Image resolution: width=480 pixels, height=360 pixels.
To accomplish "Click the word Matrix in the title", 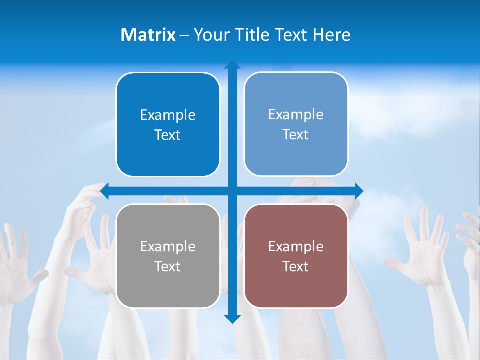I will click(148, 35).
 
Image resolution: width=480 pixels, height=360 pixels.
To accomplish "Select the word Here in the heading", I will click(332, 35).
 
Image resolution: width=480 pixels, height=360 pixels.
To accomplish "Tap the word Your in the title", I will click(210, 35).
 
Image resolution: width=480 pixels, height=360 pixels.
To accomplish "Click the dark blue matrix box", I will click(168, 124).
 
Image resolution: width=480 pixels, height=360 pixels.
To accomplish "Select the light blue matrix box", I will click(296, 124).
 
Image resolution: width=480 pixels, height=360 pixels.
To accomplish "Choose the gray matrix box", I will click(168, 256).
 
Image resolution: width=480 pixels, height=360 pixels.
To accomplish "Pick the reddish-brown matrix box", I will click(296, 256).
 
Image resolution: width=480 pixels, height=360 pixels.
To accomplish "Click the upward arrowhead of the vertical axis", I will click(232, 64).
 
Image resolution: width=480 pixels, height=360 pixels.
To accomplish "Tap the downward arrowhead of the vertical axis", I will click(232, 319).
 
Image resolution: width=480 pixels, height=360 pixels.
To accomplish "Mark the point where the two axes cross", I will click(232, 191).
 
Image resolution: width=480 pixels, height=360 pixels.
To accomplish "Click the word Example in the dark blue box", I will click(168, 115).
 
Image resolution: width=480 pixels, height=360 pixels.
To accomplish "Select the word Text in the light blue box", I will click(296, 135).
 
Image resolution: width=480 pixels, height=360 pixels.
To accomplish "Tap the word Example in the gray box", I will click(168, 247).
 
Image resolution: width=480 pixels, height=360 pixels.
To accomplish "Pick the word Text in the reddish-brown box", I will click(296, 267).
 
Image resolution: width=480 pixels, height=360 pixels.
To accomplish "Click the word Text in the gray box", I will click(168, 267).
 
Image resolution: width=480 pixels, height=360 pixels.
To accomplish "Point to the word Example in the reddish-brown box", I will click(296, 247).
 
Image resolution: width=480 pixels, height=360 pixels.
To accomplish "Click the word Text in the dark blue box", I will click(168, 135).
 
